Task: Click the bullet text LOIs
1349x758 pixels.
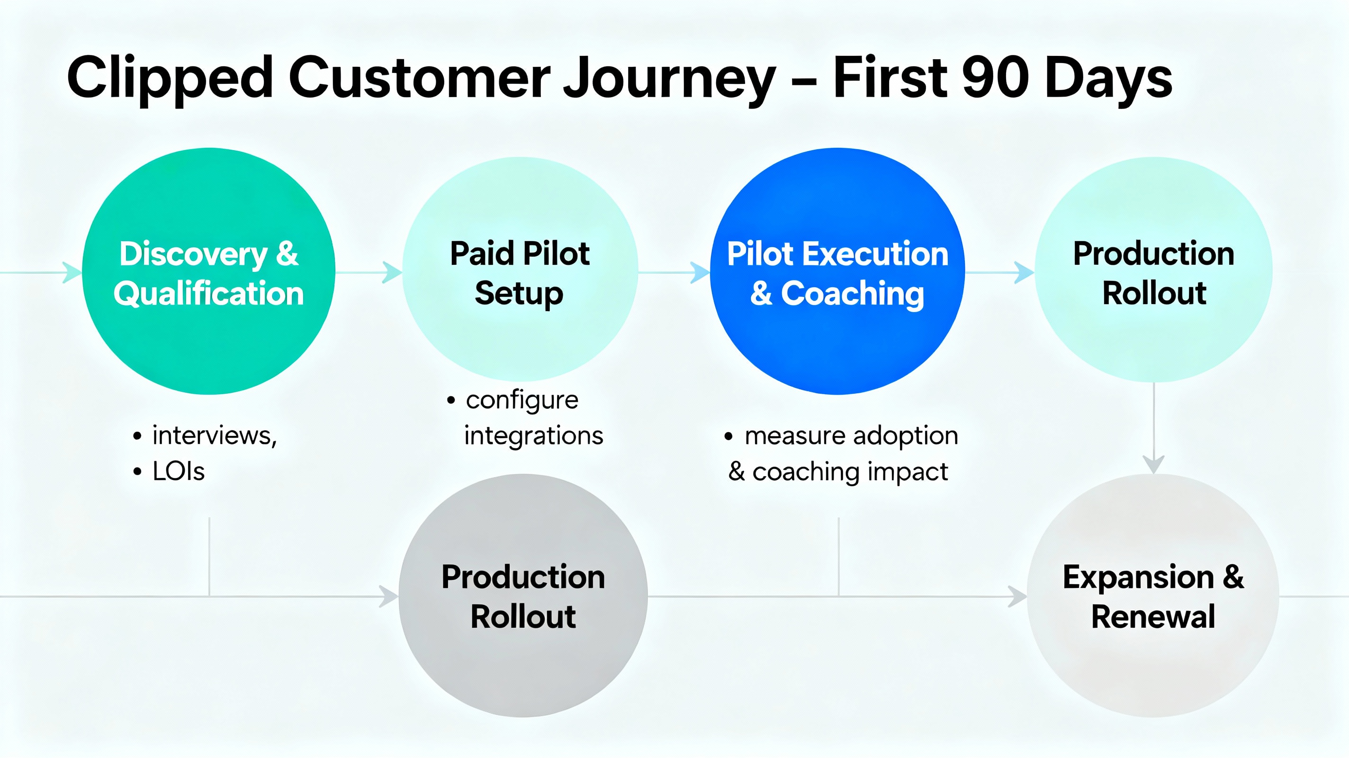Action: (178, 471)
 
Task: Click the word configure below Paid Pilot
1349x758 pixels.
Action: (522, 400)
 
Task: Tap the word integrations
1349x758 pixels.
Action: (533, 436)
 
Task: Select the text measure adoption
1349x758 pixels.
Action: (851, 436)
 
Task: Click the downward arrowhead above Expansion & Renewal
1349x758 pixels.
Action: (1154, 464)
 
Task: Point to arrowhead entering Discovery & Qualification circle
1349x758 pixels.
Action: (72, 272)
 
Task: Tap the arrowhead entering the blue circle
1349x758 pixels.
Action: (700, 272)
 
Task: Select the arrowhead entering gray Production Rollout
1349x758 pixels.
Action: (388, 596)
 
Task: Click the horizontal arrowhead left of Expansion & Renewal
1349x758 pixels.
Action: (1017, 596)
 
